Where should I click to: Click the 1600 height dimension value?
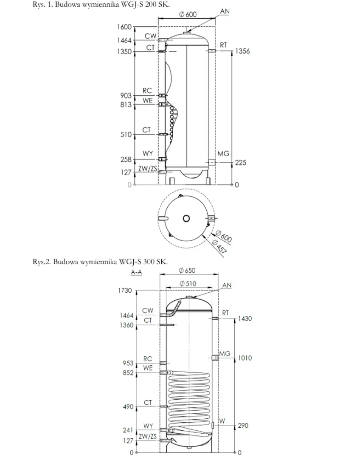tap(124, 27)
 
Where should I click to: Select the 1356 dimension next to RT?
tap(242, 51)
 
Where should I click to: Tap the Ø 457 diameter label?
tap(219, 247)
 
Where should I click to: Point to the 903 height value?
tap(126, 96)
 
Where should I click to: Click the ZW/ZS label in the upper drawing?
tap(148, 169)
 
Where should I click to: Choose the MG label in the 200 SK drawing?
tap(223, 154)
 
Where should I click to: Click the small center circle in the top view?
tap(186, 219)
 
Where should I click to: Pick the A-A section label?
tap(136, 272)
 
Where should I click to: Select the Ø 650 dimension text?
tap(187, 270)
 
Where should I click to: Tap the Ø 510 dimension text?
tap(188, 283)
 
